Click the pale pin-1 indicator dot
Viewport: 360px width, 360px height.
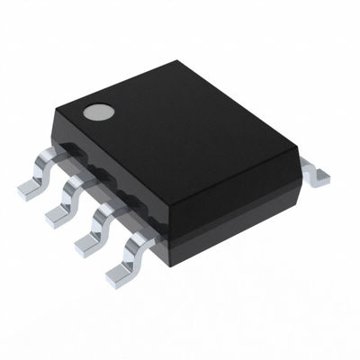click(x=96, y=113)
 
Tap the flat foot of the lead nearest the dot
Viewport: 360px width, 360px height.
click(x=30, y=186)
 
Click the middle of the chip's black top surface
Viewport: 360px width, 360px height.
click(x=184, y=135)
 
